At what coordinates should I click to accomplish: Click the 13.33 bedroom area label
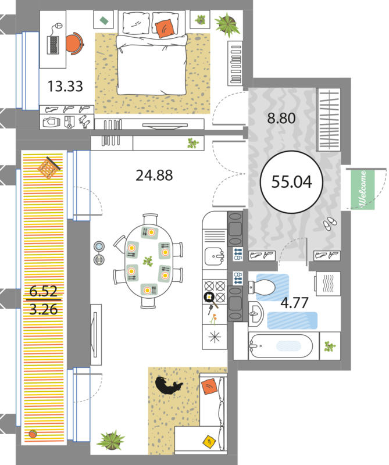click(65, 86)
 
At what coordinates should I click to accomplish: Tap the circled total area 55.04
click(292, 182)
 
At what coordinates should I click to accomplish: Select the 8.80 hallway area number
click(281, 118)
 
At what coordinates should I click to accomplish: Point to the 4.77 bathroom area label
click(294, 303)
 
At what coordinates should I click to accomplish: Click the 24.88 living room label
click(154, 176)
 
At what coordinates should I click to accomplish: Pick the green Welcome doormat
click(363, 189)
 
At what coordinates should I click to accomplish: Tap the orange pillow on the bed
click(164, 28)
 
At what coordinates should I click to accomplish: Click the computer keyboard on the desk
click(53, 45)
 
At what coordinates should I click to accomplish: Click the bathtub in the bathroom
click(280, 346)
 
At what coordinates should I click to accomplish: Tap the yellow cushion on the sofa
click(210, 442)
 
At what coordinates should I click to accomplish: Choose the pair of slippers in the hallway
click(329, 223)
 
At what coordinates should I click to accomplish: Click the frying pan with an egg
click(210, 299)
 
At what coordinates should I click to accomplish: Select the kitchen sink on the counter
click(214, 256)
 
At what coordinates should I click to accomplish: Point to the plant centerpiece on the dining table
click(148, 261)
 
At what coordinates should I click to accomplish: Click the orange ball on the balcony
click(33, 434)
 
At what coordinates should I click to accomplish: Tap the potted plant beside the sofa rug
click(110, 440)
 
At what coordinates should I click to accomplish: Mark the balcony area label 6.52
click(44, 291)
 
